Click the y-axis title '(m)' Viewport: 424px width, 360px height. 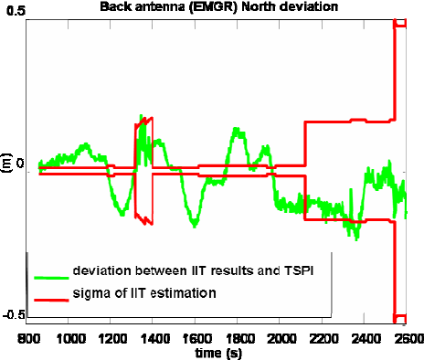pyautogui.click(x=6, y=167)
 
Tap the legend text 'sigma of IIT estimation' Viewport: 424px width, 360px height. pyautogui.click(x=146, y=293)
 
